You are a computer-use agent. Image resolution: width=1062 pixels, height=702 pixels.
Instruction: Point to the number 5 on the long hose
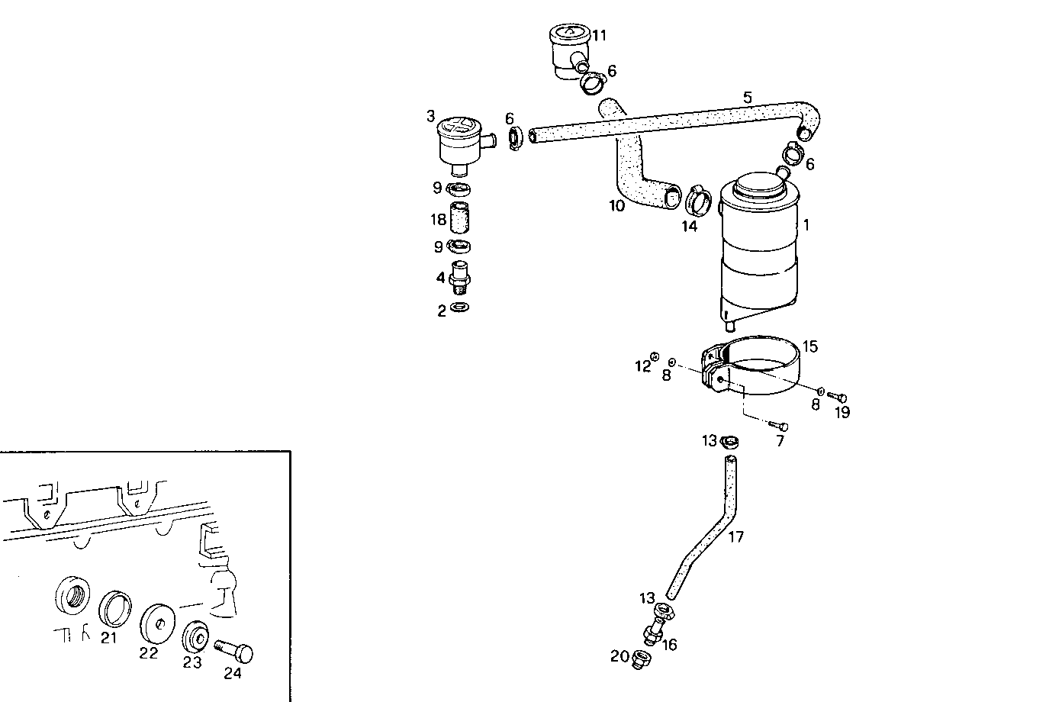[748, 98]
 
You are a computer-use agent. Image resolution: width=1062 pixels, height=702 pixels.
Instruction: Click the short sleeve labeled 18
[459, 217]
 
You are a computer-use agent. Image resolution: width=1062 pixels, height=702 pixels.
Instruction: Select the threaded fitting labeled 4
[459, 276]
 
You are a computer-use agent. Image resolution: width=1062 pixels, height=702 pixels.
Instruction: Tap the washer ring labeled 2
[459, 308]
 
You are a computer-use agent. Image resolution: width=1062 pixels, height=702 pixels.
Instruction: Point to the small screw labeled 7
[779, 426]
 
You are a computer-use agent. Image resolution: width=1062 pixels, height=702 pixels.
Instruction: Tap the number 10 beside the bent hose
[616, 205]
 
